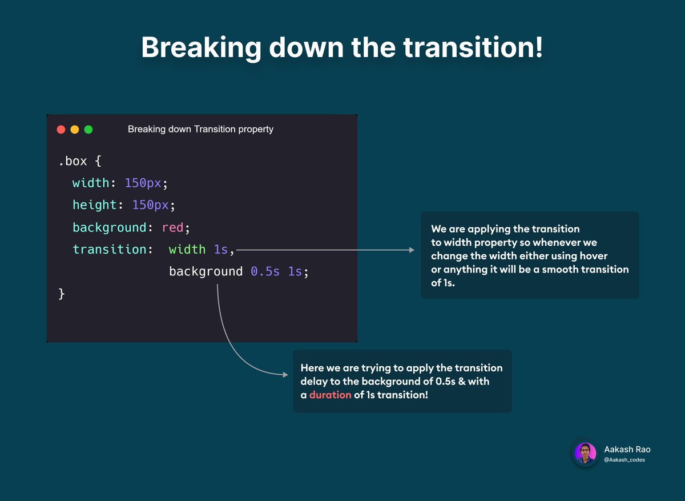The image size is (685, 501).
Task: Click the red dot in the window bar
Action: (x=61, y=130)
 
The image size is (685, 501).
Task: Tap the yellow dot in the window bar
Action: (x=75, y=130)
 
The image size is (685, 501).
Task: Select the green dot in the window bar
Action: (x=88, y=130)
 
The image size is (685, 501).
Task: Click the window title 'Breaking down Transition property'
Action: (x=200, y=129)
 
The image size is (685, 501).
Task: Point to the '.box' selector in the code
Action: (x=72, y=162)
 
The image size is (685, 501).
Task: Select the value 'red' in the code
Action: (x=172, y=227)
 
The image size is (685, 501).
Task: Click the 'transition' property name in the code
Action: (x=110, y=250)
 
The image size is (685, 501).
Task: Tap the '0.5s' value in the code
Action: (x=265, y=272)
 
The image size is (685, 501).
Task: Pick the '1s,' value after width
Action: (x=224, y=250)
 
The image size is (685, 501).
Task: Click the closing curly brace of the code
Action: (x=62, y=294)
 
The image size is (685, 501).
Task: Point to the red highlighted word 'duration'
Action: (x=330, y=395)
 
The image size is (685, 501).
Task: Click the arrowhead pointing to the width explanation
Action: (x=411, y=250)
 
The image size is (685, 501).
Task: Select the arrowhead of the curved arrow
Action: (x=285, y=375)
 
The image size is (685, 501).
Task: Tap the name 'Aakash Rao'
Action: (x=627, y=449)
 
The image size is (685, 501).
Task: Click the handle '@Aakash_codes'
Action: (x=624, y=460)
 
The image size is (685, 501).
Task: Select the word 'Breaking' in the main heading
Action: (x=200, y=47)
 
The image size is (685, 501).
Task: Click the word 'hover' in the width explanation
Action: (x=594, y=256)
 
